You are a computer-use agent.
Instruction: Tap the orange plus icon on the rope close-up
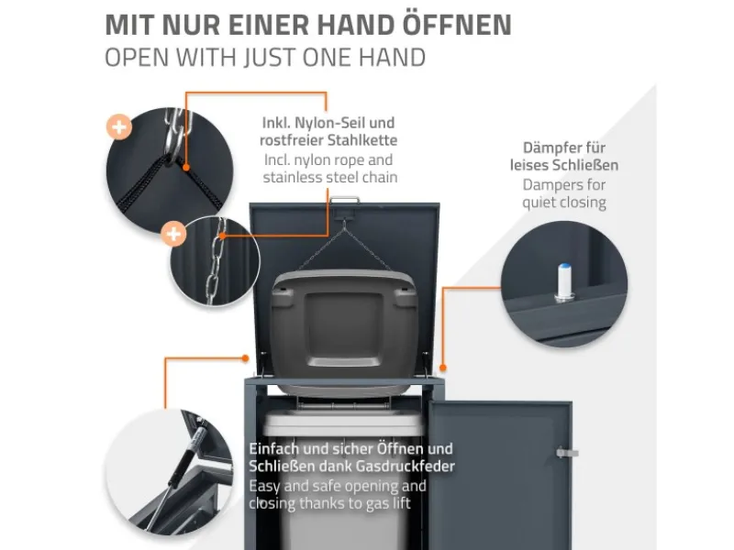tap(119, 126)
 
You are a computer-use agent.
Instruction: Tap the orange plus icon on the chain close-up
tap(173, 234)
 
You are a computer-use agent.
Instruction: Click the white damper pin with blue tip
tap(565, 281)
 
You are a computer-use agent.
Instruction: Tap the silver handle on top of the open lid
tap(345, 200)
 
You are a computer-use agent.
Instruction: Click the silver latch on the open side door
tap(567, 452)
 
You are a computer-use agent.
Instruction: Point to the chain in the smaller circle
tap(216, 262)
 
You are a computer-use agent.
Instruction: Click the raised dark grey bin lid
tap(344, 327)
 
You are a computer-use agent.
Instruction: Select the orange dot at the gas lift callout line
tap(245, 358)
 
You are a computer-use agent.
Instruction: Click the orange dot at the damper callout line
tap(443, 368)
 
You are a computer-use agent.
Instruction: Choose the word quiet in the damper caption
tap(539, 203)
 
